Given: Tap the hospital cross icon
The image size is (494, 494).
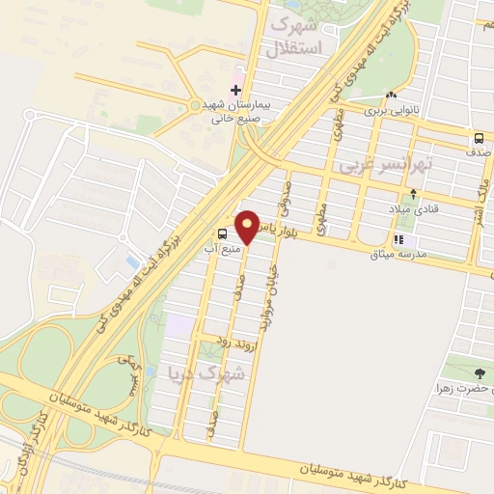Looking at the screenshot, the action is pos(236,90).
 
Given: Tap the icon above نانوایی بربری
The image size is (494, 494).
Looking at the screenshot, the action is pos(391,96).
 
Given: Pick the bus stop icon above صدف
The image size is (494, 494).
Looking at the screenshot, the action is pos(480,138).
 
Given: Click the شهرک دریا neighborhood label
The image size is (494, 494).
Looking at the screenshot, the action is pos(207,370).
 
